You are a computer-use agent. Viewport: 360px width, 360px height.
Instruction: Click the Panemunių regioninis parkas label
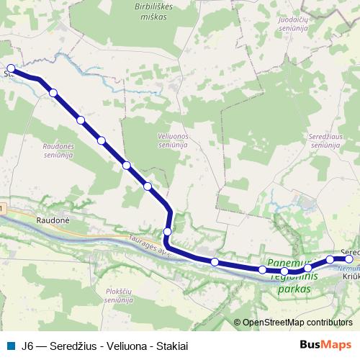292,276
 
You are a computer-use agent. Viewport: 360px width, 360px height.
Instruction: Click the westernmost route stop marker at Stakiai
11,69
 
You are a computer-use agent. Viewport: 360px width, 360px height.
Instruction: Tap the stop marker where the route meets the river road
167,232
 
